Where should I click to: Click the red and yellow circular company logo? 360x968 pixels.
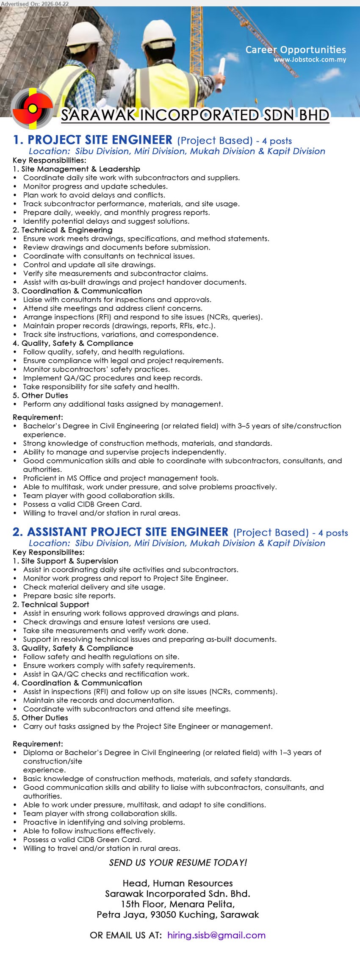32,108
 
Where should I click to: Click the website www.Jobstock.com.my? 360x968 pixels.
310,60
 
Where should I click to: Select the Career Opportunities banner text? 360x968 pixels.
296,50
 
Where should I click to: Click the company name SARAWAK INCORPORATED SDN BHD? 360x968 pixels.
195,115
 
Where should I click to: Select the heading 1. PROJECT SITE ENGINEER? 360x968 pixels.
93,140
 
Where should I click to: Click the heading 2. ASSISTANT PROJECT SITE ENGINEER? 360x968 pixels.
121,532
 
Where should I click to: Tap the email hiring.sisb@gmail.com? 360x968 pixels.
216,935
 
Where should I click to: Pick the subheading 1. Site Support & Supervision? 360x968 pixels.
66,561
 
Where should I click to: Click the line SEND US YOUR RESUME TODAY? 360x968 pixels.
178,863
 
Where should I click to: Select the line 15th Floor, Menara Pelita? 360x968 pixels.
178,904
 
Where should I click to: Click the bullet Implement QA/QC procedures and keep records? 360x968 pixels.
113,378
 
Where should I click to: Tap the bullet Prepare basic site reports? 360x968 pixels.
69,596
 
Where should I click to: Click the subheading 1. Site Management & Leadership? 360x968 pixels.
76,169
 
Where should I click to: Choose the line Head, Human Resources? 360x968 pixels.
178,883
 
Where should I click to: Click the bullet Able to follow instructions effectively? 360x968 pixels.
89,831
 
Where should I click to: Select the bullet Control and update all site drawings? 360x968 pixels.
89,265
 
